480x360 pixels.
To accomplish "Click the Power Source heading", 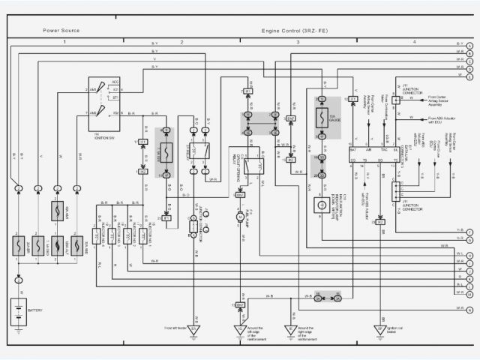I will coord(61,31).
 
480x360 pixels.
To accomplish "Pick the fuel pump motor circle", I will coord(241,216).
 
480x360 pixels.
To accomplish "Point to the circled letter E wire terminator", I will coord(469,77).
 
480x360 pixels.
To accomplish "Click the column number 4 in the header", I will coord(414,42).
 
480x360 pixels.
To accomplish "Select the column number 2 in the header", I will coord(181,42).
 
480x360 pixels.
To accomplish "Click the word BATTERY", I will coord(35,310).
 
